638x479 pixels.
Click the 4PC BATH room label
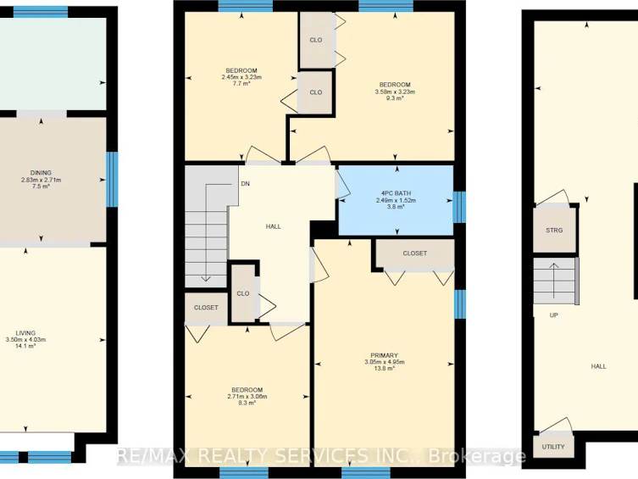coord(396,193)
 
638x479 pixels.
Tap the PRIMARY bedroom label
coord(384,355)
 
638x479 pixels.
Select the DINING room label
coord(41,173)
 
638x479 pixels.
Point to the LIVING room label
coord(25,333)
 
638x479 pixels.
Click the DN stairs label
coord(246,184)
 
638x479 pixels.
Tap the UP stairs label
coord(554,315)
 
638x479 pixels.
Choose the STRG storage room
coord(554,230)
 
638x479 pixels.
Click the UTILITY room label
coord(553,447)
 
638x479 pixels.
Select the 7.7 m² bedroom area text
coord(241,83)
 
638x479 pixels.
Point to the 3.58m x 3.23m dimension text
coord(395,92)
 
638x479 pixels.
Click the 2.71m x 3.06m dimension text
coord(247,397)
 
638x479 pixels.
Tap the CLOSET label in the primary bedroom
coord(414,253)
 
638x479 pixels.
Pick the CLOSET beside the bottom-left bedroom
coord(206,308)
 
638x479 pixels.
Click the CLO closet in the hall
coord(243,293)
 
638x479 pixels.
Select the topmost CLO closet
coord(316,40)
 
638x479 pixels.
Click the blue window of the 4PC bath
coord(459,207)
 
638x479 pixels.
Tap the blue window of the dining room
coord(112,179)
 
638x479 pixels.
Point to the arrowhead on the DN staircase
coord(206,279)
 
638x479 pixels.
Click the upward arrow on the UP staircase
coord(554,281)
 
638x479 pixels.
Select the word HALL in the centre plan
coord(274,226)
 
